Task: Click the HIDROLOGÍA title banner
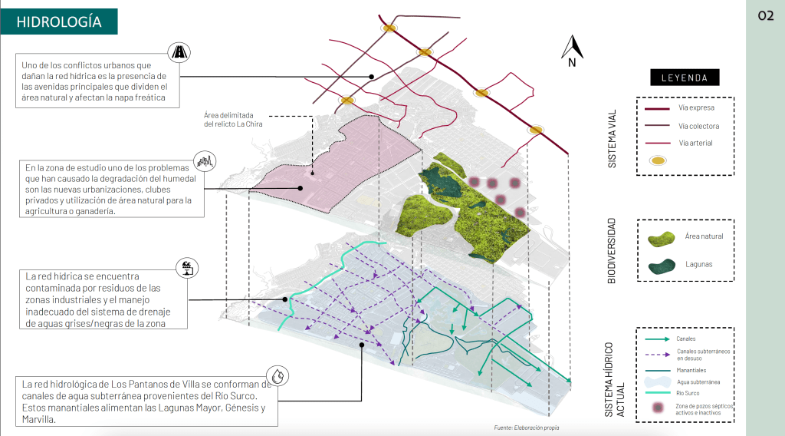point(59,21)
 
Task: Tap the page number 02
point(765,16)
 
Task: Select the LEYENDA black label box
point(685,78)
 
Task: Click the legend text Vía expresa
point(696,108)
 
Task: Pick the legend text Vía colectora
point(698,126)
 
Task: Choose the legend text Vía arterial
point(695,144)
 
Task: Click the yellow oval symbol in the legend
point(657,161)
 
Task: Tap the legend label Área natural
point(704,236)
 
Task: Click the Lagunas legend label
point(698,264)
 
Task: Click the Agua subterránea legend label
point(698,381)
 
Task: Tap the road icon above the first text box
point(179,53)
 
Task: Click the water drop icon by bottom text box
point(281,375)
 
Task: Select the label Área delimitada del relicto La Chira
point(235,119)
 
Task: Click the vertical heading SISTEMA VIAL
point(612,138)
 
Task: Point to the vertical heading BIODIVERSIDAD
point(612,250)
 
